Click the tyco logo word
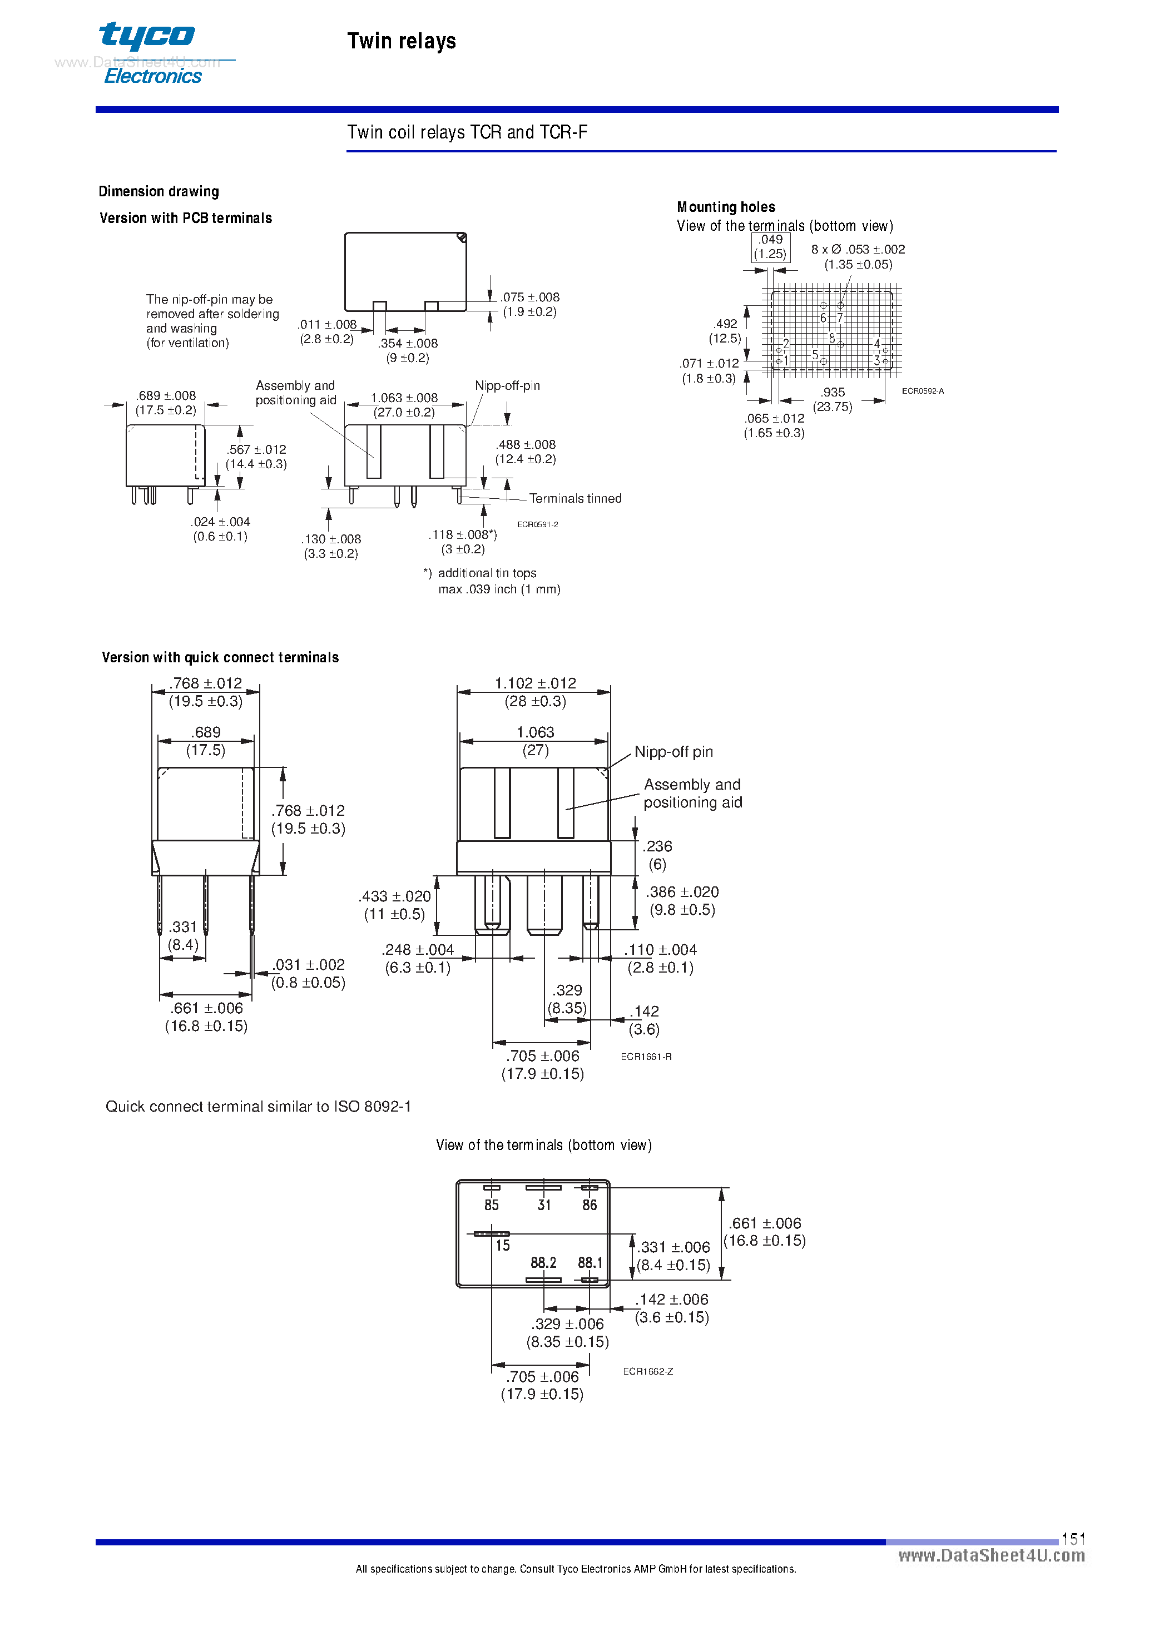coord(147,36)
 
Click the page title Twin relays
coord(401,41)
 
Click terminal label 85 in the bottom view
coord(491,1204)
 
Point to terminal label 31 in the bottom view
coord(543,1204)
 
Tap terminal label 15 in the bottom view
coord(502,1245)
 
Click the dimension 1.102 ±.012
coord(535,683)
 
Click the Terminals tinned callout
coord(575,499)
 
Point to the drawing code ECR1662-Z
coord(647,1371)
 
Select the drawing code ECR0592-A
coord(922,391)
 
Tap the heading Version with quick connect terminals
coord(220,657)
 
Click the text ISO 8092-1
coord(373,1106)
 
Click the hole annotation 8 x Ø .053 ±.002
coord(858,249)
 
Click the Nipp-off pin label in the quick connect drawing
coord(673,751)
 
